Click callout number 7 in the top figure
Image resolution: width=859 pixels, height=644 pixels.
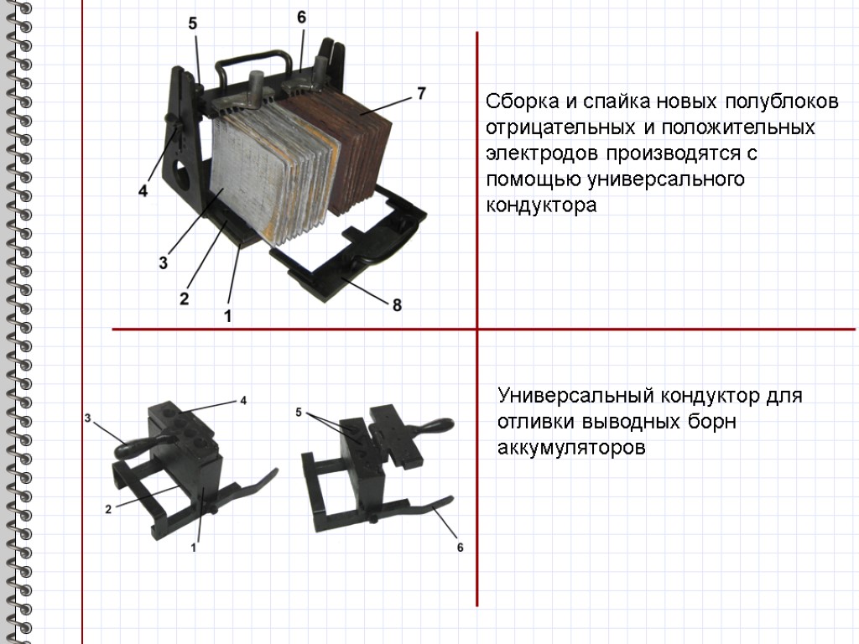point(421,93)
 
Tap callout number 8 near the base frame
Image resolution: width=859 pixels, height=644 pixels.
point(397,305)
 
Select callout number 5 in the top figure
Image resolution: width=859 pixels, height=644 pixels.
point(192,23)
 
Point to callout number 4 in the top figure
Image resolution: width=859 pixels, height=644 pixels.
point(143,190)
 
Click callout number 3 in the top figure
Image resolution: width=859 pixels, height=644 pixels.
point(164,262)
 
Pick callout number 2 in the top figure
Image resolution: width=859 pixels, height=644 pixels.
point(184,299)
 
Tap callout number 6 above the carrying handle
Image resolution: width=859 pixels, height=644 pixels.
point(301,18)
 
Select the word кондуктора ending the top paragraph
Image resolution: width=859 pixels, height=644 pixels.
point(541,205)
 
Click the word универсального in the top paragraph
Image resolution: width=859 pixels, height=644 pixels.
point(665,179)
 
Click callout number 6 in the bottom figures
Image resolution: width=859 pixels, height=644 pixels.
point(461,547)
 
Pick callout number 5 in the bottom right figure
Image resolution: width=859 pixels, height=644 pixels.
point(299,413)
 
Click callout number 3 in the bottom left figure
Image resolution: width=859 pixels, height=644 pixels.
point(87,419)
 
